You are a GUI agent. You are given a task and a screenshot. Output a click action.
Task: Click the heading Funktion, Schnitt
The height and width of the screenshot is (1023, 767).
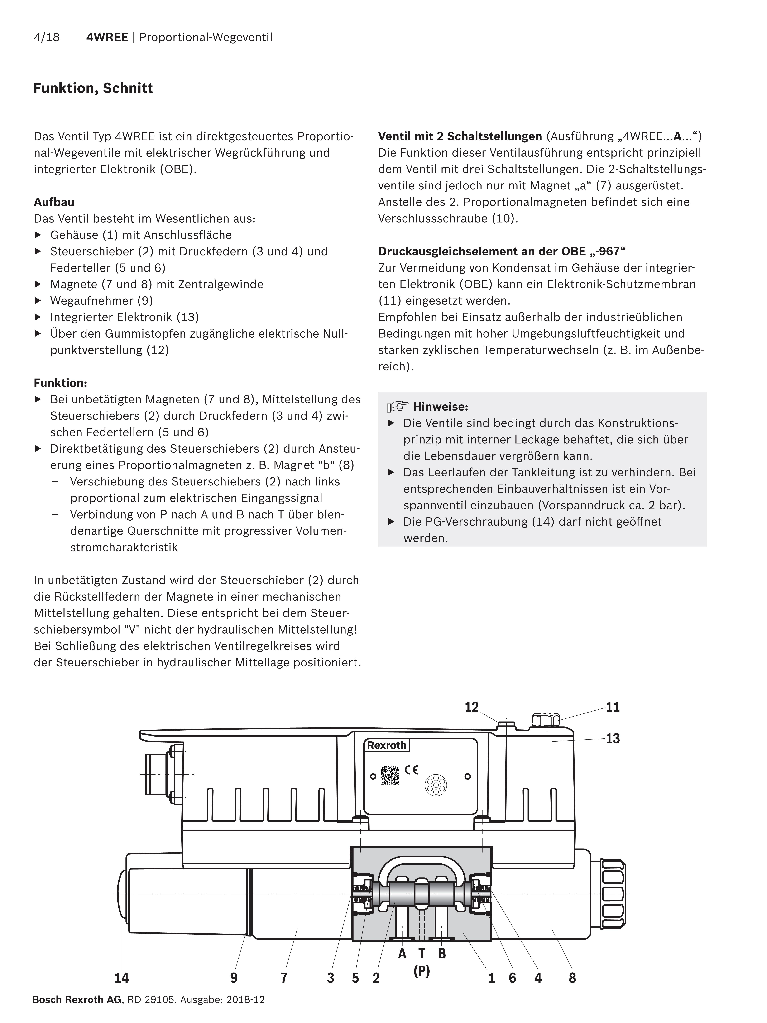[x=93, y=88]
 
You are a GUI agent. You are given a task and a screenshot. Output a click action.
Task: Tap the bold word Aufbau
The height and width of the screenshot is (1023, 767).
[x=54, y=202]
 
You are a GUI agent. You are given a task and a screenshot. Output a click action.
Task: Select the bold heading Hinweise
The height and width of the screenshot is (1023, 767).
[x=440, y=407]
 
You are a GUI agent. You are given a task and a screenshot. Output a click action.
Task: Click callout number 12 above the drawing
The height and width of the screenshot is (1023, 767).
[x=472, y=707]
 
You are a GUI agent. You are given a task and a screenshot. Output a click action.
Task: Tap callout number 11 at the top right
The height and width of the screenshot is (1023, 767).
[x=613, y=707]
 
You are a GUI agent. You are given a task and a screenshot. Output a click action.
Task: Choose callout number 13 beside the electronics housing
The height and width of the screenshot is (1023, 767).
[x=613, y=739]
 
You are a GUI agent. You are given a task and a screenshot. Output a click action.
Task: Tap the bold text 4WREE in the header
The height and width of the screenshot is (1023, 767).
[x=107, y=37]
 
